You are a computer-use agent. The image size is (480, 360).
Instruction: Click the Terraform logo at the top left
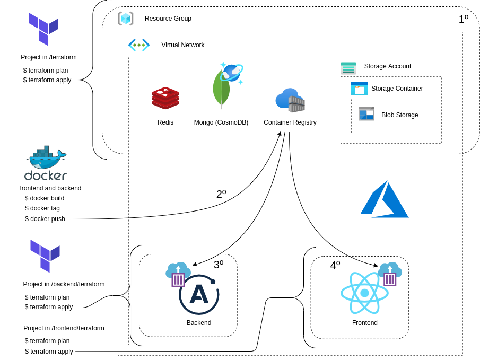coord(43,29)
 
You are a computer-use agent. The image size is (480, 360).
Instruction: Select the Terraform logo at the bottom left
coord(45,256)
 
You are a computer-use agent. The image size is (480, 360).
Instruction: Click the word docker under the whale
coord(46,175)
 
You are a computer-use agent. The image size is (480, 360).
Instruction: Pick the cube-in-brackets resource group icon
coord(126,19)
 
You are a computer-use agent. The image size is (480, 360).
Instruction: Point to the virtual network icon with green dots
coord(139,45)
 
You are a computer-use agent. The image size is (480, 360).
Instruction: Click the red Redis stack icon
coord(165,98)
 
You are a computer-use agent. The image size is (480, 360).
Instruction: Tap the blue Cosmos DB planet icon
coord(232,73)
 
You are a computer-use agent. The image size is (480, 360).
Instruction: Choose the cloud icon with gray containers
coord(290,100)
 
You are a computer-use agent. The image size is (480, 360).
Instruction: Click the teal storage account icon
coord(348,68)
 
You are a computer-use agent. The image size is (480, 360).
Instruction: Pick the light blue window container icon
coord(360,89)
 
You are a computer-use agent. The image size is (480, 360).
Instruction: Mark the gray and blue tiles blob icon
coord(366,114)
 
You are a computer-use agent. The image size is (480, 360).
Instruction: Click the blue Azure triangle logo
coord(385,200)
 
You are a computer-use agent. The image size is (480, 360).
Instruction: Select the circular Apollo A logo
coord(199,295)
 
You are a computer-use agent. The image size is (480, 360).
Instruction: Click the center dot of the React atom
coord(364,293)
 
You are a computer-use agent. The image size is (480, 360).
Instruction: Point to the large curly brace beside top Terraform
coord(94,80)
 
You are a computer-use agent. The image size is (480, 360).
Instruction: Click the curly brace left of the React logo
coord(303,297)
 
